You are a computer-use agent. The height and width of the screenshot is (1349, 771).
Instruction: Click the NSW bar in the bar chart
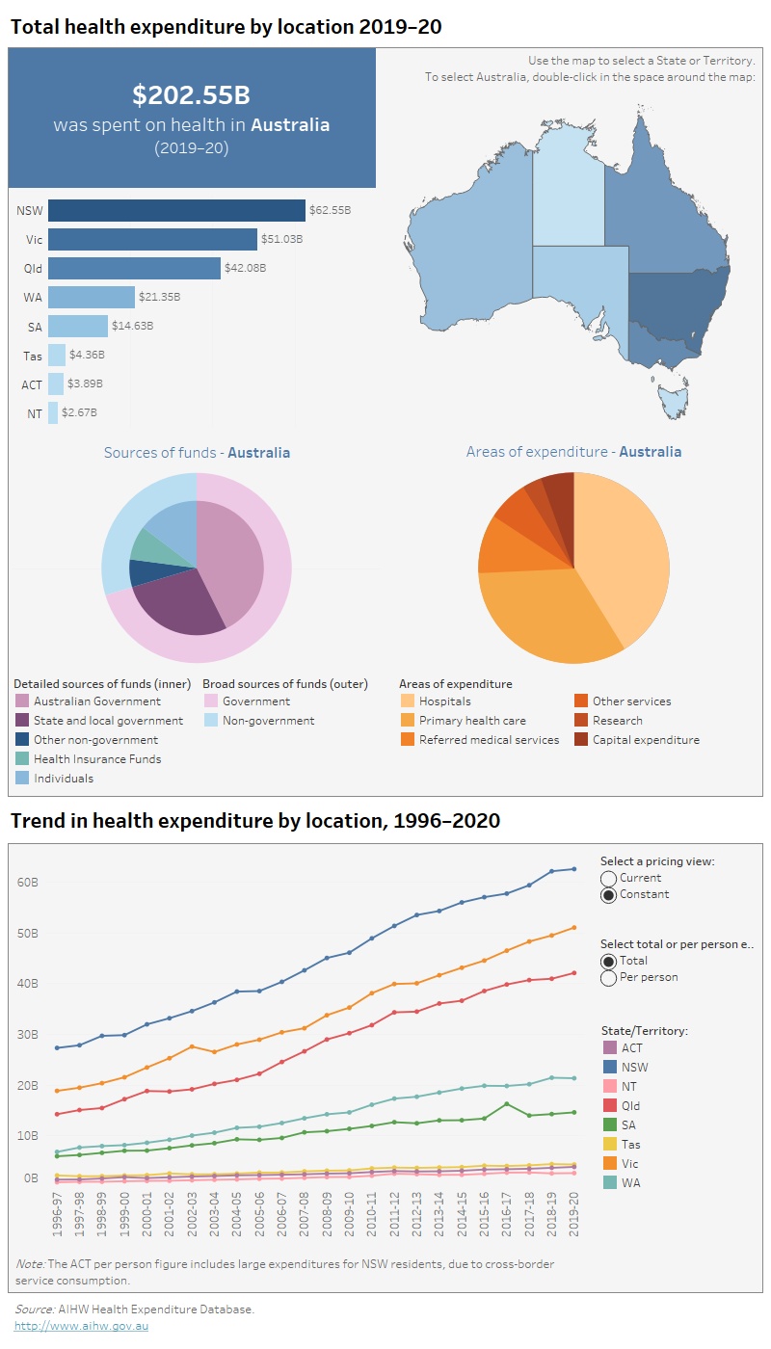[176, 210]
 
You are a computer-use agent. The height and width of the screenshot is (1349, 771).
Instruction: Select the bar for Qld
[134, 268]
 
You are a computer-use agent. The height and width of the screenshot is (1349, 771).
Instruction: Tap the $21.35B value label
[160, 298]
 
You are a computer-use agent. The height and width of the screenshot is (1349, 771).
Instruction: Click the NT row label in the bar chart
[34, 413]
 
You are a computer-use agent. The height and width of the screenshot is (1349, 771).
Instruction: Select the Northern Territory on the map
[569, 193]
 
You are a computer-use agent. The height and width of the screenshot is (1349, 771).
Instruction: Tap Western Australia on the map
[472, 231]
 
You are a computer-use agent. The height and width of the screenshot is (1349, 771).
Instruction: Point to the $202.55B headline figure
[191, 94]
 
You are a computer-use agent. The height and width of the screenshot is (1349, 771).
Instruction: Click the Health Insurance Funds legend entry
[96, 759]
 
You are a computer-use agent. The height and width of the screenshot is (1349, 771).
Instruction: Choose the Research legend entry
[617, 721]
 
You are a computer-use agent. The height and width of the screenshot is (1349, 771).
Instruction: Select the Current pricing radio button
[608, 878]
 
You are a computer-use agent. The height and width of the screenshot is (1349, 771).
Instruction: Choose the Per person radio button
[608, 978]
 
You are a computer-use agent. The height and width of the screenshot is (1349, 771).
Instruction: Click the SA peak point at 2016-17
[507, 1104]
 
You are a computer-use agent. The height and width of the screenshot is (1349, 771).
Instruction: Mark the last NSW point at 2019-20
[574, 869]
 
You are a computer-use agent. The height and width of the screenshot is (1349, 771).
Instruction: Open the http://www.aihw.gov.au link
[81, 1327]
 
